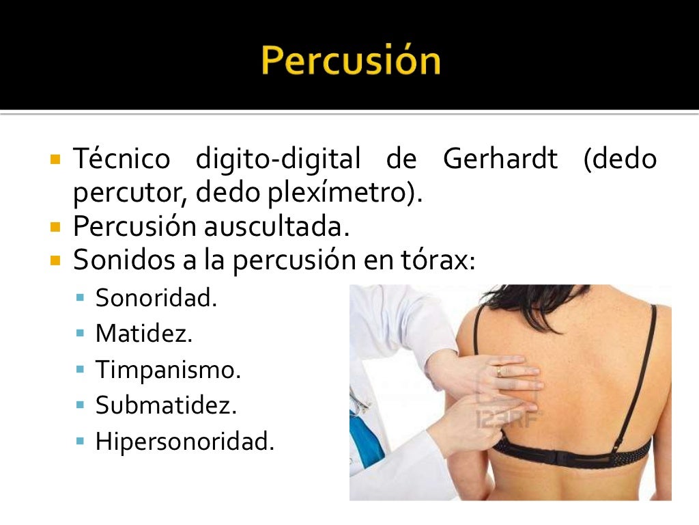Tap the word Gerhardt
coord(500,159)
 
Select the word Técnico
coord(122,159)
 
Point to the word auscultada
coord(276,226)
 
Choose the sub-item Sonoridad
coord(156,298)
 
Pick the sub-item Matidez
coord(144,334)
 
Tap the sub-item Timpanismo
coord(168,370)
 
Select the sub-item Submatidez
coord(166,405)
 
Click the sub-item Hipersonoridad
coord(184,441)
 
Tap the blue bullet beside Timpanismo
coord(81,370)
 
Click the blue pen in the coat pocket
coord(360,424)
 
